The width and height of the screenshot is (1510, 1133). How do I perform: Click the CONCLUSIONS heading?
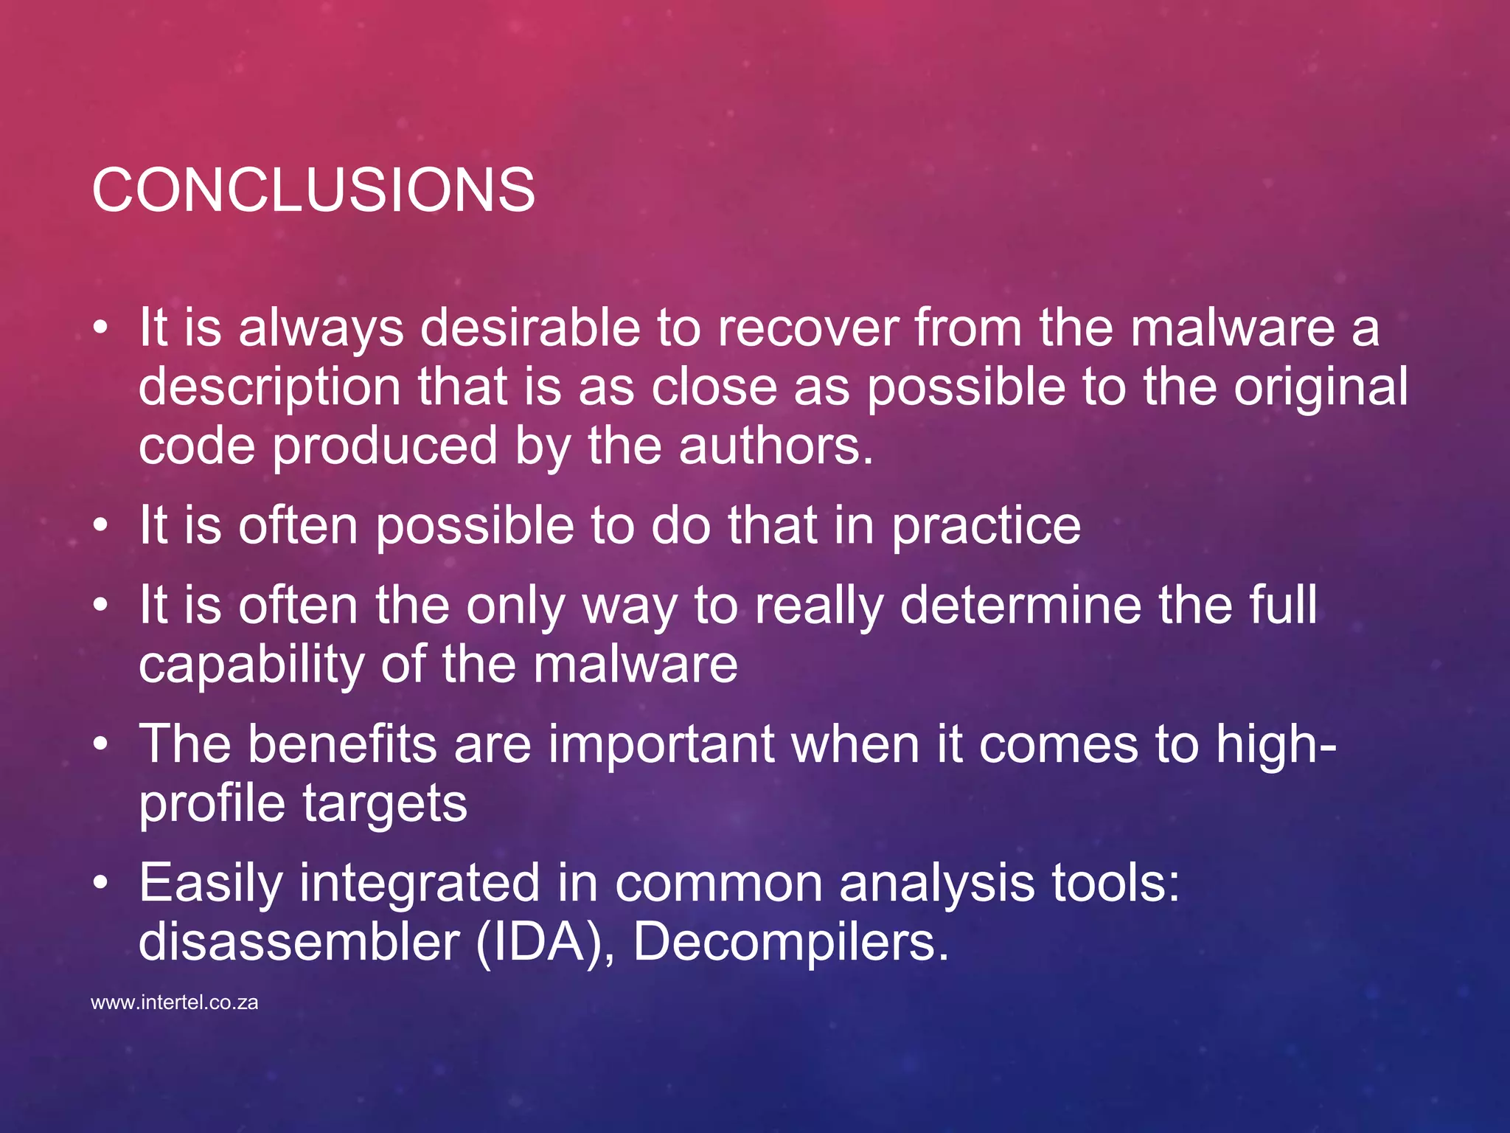(313, 190)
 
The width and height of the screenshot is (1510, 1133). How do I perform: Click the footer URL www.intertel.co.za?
(174, 1003)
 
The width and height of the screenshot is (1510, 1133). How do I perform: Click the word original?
(1321, 387)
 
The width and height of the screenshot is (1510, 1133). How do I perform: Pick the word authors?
(775, 446)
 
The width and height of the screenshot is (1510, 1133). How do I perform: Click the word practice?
(986, 526)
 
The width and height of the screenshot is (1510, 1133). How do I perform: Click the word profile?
(212, 804)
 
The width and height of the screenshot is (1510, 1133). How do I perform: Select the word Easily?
(211, 884)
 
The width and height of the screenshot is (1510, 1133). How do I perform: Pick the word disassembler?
(299, 942)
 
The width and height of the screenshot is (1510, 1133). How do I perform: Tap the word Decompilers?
(790, 942)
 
